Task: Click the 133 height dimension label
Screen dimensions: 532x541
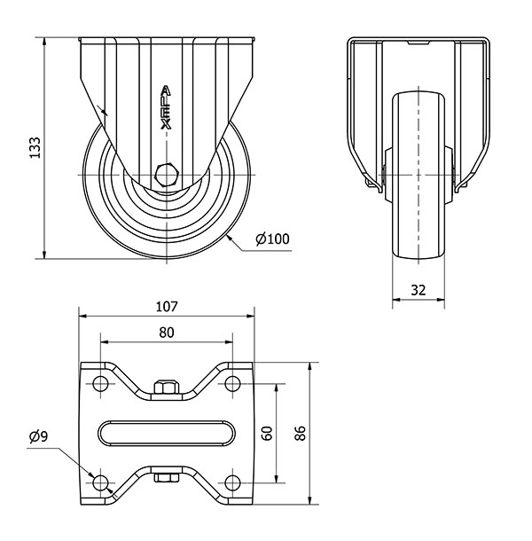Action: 35,148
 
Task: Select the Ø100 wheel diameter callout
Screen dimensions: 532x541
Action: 272,239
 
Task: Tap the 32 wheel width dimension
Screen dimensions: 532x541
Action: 419,290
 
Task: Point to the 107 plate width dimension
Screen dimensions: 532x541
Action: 167,306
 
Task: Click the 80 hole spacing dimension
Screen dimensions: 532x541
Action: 167,333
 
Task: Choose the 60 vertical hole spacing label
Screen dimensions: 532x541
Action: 268,434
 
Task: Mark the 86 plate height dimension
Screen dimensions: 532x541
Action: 301,434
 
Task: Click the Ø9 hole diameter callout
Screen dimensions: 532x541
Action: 39,437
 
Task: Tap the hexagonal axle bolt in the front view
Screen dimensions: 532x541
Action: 167,176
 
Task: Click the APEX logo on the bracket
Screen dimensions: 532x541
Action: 167,107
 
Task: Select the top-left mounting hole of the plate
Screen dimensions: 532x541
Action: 100,383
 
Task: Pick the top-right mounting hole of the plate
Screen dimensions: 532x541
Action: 232,383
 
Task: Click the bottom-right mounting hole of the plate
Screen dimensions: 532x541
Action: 232,482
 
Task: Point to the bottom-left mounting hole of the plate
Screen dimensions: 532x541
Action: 100,482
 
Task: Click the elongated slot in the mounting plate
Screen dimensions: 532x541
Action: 167,433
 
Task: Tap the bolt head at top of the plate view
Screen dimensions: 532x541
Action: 167,387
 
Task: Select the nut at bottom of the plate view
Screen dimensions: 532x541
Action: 167,478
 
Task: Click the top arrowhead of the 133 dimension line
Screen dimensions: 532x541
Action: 44,42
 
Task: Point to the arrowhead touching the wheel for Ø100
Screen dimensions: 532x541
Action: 230,239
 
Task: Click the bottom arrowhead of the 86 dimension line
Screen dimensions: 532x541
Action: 309,500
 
